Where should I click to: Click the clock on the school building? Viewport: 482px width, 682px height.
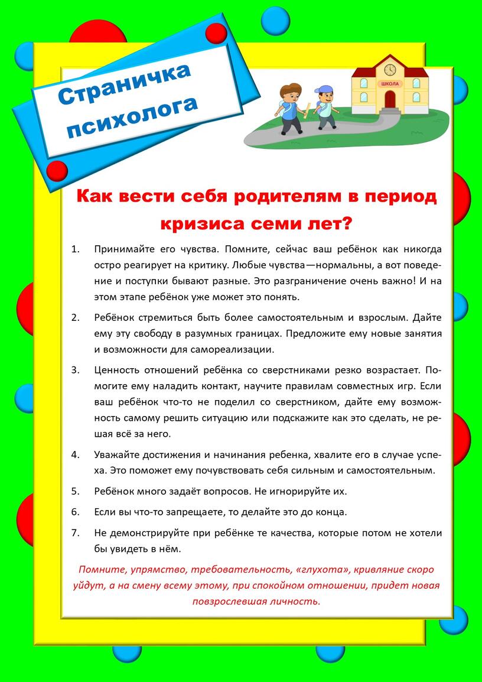389,70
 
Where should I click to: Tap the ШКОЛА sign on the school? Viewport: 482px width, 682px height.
390,84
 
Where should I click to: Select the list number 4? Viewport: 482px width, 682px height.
74,455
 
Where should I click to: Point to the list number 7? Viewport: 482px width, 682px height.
74,532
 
